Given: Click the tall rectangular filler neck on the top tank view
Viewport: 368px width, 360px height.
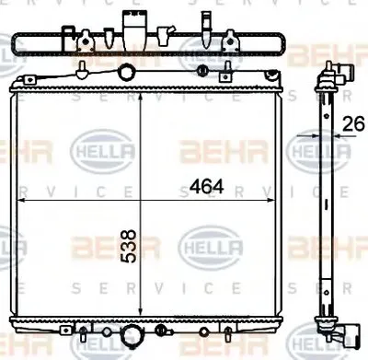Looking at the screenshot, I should pos(128,24).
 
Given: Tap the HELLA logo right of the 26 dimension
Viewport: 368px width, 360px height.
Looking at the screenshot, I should pos(316,148).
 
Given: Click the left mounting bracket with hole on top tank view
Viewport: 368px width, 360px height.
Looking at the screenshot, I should pos(84,41).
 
